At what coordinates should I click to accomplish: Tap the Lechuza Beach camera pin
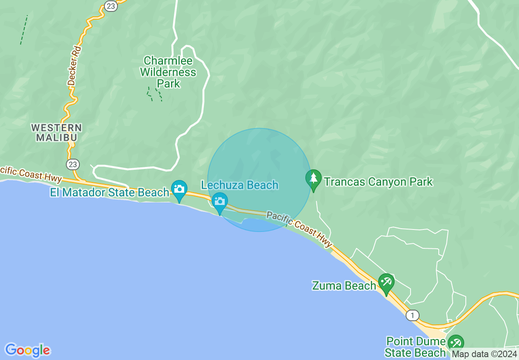(x=220, y=202)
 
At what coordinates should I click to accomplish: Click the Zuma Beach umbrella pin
(x=386, y=283)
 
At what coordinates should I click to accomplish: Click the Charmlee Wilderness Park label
(x=168, y=72)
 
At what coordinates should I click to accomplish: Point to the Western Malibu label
(x=56, y=133)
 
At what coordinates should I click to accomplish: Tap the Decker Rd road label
(x=74, y=65)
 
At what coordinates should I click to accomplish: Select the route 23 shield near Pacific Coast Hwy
(x=73, y=164)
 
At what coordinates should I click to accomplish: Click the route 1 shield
(x=413, y=315)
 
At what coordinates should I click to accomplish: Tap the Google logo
(x=28, y=350)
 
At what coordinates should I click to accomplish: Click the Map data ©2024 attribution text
(x=484, y=354)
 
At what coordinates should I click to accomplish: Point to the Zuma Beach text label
(x=344, y=286)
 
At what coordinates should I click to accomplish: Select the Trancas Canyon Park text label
(x=378, y=182)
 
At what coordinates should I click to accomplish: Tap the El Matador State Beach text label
(x=109, y=192)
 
